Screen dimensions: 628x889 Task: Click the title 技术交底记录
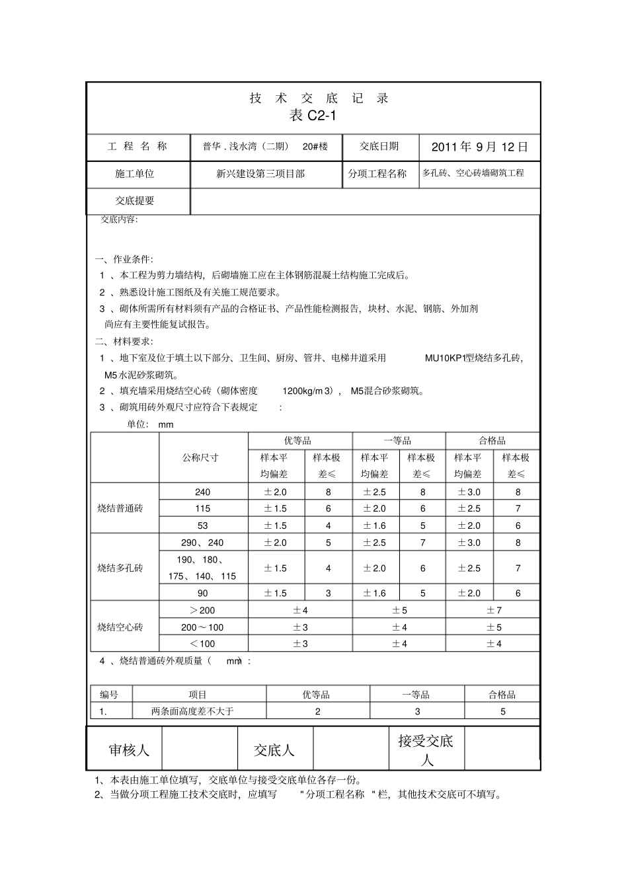(x=319, y=98)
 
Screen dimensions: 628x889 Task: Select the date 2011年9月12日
(x=480, y=147)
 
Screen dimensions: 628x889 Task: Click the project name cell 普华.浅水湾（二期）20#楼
(x=265, y=147)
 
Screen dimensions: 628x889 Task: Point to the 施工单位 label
(x=135, y=174)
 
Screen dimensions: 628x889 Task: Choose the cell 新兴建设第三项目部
(x=260, y=174)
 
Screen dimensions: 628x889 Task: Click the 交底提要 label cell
(x=135, y=201)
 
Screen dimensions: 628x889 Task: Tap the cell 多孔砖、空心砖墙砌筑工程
(x=473, y=173)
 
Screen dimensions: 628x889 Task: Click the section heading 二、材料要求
(x=124, y=342)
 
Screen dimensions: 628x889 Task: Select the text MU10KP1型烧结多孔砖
(x=473, y=358)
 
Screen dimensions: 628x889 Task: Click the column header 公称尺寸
(x=201, y=457)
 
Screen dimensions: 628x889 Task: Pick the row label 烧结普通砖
(x=120, y=508)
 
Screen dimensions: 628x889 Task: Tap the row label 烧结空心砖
(x=120, y=627)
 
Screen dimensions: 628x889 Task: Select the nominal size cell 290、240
(x=202, y=543)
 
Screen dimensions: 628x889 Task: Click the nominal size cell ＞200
(x=202, y=610)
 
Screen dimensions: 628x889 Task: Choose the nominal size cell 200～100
(x=202, y=627)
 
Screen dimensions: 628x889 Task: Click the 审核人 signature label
(x=129, y=750)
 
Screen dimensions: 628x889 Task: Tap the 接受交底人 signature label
(x=426, y=750)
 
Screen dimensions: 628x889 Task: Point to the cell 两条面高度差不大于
(x=193, y=712)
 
